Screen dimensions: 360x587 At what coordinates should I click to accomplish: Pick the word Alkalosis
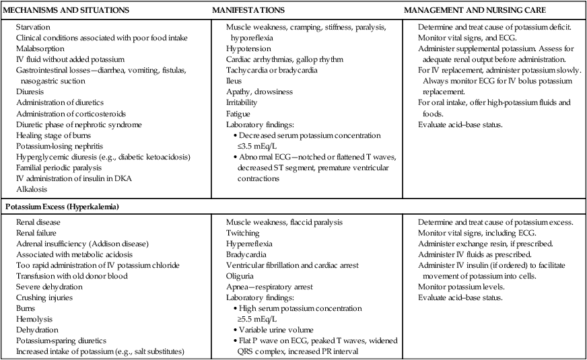33,190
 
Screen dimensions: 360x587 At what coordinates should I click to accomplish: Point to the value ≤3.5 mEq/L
263,146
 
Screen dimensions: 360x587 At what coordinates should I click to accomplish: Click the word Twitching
244,233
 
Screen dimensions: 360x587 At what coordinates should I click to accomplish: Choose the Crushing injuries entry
45,297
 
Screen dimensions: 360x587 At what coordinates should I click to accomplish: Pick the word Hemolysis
36,320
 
